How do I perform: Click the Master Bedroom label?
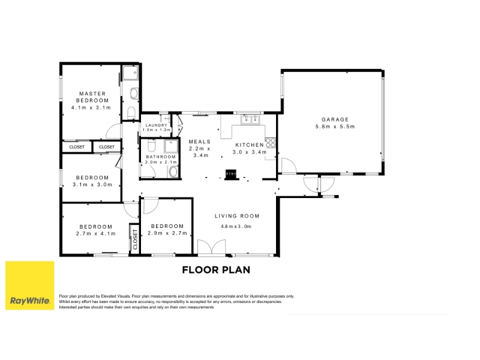92,97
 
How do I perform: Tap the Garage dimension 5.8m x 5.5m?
335,127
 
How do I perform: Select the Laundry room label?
156,125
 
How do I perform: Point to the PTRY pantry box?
232,174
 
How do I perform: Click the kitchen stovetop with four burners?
271,143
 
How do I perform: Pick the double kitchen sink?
250,119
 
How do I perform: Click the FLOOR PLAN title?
216,269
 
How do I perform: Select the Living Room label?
237,216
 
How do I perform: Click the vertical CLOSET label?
135,239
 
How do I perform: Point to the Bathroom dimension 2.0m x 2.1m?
161,162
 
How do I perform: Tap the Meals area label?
200,142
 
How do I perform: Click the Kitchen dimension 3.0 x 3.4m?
250,152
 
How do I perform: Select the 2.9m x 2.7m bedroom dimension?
167,233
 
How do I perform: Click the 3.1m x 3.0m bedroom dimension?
92,185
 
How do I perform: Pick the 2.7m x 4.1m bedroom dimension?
96,233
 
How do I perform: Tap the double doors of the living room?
212,247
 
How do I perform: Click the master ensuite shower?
130,73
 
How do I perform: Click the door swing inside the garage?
289,166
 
